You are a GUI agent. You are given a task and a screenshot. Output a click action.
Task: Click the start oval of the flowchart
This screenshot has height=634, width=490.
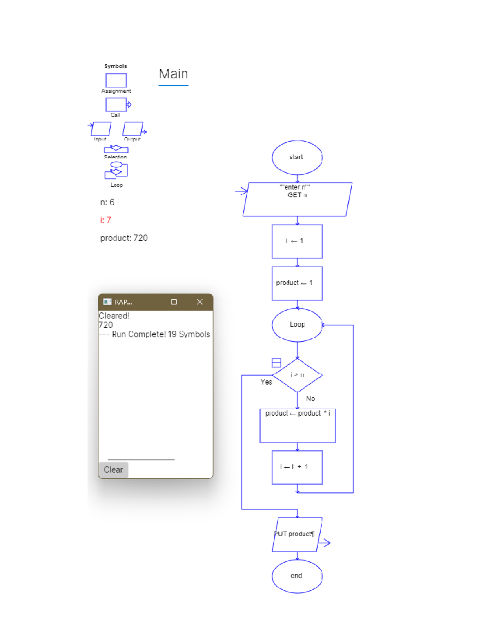pos(297,157)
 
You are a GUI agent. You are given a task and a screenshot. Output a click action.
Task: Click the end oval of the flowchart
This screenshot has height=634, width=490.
pos(297,576)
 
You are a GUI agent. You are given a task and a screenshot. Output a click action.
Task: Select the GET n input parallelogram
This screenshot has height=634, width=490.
pos(297,199)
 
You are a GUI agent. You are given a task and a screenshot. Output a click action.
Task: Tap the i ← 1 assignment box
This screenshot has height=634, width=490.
pos(297,241)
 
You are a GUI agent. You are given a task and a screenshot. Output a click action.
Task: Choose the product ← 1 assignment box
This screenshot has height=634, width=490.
pos(297,283)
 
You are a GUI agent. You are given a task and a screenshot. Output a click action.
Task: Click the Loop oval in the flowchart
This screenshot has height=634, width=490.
pos(297,325)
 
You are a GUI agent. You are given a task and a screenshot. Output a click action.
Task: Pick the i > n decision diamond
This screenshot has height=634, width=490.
pos(297,375)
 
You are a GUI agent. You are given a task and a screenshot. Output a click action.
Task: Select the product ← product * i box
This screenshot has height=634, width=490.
pos(297,425)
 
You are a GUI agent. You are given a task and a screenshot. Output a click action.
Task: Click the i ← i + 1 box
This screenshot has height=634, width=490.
pos(297,467)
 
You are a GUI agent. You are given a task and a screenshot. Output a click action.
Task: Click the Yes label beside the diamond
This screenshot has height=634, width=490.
pos(266,382)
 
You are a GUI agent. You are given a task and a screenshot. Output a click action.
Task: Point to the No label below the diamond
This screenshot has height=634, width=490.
pos(310,399)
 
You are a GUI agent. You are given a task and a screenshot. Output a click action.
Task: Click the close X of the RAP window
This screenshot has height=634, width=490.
pos(200,302)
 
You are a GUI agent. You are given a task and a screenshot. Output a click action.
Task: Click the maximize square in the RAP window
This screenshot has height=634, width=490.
pos(174,302)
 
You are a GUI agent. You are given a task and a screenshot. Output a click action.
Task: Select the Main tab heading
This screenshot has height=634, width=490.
pos(174,74)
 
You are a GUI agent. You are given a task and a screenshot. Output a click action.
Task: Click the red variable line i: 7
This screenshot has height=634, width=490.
pos(106,220)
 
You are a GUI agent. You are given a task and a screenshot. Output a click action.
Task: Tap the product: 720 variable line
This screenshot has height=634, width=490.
pos(124,238)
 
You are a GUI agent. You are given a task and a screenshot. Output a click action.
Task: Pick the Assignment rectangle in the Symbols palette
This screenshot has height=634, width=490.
pos(116,80)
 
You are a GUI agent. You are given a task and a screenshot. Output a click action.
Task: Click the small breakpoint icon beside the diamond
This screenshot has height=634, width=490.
pos(276,363)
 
